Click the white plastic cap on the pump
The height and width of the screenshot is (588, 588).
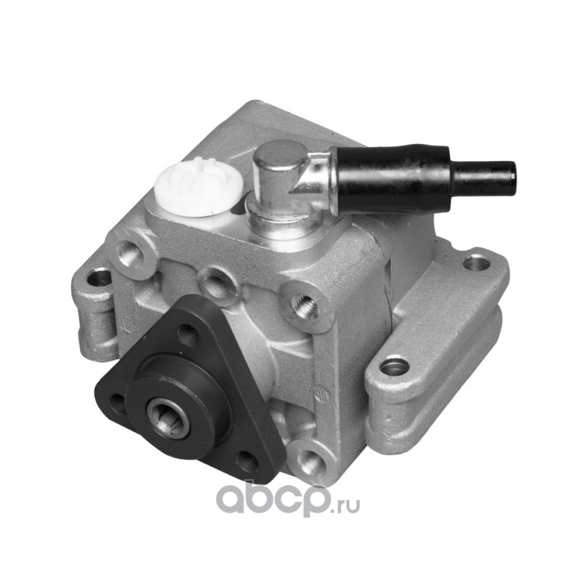pos(198,187)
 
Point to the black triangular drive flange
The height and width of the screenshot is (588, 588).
pos(187,387)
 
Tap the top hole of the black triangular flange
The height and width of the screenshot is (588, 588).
pos(188,335)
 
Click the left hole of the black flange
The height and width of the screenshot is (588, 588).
pos(118,403)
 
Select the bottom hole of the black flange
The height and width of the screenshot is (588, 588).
pos(248,461)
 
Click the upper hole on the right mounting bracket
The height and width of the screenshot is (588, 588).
pos(476,263)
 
